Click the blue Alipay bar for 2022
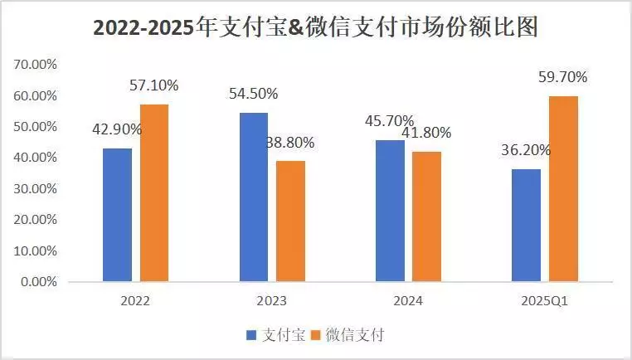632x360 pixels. click(x=117, y=215)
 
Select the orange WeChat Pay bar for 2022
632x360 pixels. click(x=154, y=192)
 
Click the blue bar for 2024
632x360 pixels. click(x=390, y=211)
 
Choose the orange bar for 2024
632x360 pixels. click(x=427, y=216)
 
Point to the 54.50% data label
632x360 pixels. click(x=254, y=93)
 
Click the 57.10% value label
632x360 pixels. click(x=154, y=85)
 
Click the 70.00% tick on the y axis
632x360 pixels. click(x=34, y=64)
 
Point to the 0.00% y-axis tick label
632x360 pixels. click(x=36, y=282)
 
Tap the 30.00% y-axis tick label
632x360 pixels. click(x=34, y=188)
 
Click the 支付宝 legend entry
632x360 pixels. click(x=275, y=335)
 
